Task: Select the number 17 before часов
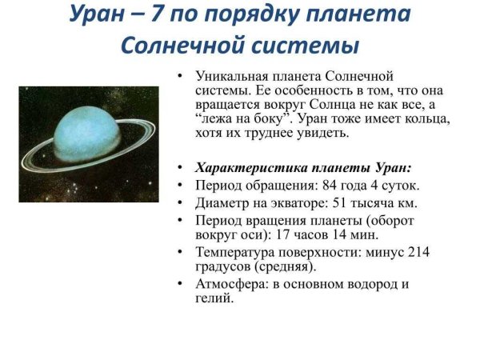coord(282,236)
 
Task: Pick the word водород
coord(372,285)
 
